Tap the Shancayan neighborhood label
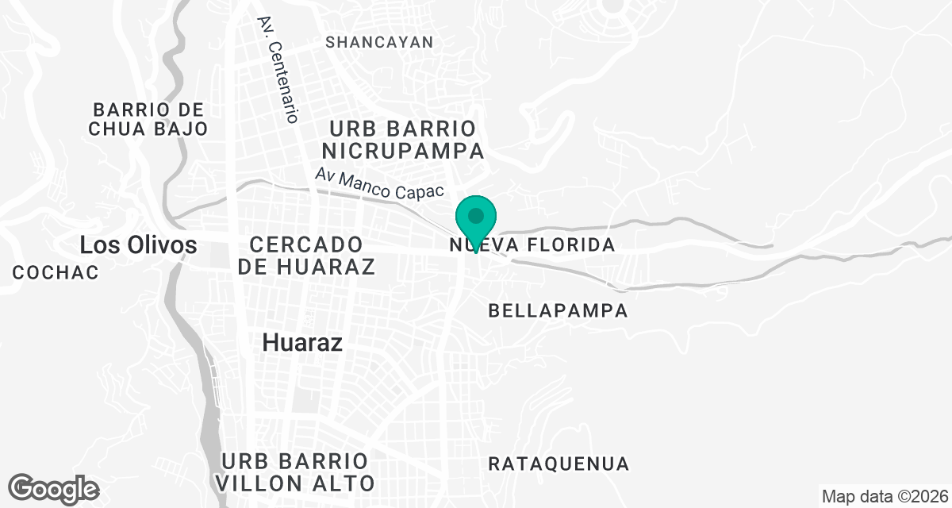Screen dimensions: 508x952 [379, 42]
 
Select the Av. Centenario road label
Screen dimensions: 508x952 [278, 70]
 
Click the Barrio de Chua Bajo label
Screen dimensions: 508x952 [148, 119]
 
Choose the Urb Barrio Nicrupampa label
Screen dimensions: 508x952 [402, 139]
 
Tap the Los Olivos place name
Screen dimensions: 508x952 [138, 245]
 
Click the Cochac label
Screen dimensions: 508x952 [56, 272]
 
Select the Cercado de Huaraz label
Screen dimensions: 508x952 [305, 255]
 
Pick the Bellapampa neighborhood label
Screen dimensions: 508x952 [558, 310]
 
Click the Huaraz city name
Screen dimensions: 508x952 [302, 343]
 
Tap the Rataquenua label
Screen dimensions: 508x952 [559, 464]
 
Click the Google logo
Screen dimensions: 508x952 [53, 488]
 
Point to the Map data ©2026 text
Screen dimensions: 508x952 [884, 497]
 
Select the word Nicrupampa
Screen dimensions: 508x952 [402, 150]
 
